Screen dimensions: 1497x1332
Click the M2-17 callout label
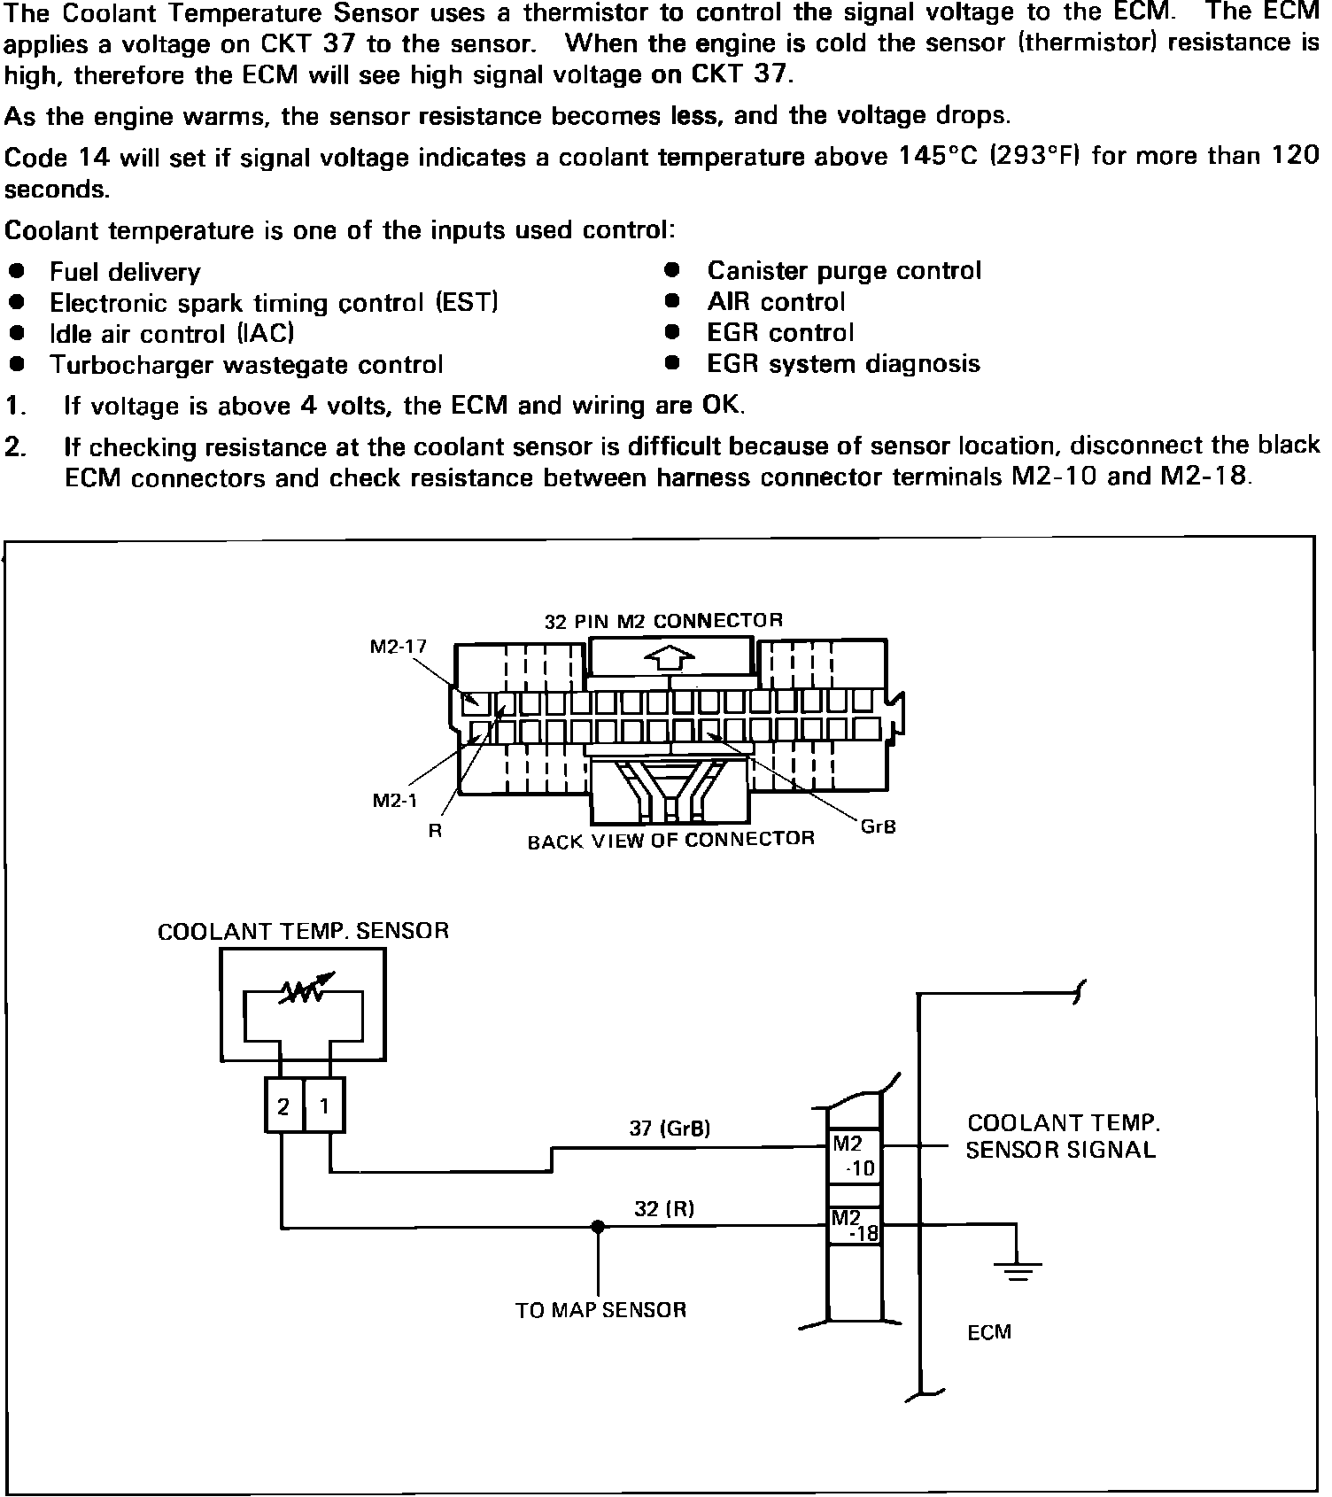click(x=398, y=647)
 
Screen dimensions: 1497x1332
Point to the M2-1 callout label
click(x=394, y=801)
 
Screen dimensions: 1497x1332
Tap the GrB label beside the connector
click(x=878, y=826)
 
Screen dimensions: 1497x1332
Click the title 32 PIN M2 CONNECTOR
click(x=663, y=621)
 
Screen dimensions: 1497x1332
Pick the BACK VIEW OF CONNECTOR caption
click(x=670, y=840)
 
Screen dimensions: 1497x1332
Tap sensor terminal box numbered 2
click(x=283, y=1106)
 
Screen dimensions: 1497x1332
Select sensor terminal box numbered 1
click(x=324, y=1106)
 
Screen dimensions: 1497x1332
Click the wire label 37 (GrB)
click(x=670, y=1129)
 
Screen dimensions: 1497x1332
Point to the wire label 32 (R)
click(x=663, y=1208)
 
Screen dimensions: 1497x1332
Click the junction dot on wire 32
click(x=599, y=1227)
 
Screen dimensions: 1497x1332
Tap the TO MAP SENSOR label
click(x=600, y=1310)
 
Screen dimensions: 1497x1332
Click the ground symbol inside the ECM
click(x=1018, y=1269)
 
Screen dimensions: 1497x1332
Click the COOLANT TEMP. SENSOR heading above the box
click(x=303, y=932)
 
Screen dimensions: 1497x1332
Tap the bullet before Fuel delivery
click(x=15, y=270)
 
